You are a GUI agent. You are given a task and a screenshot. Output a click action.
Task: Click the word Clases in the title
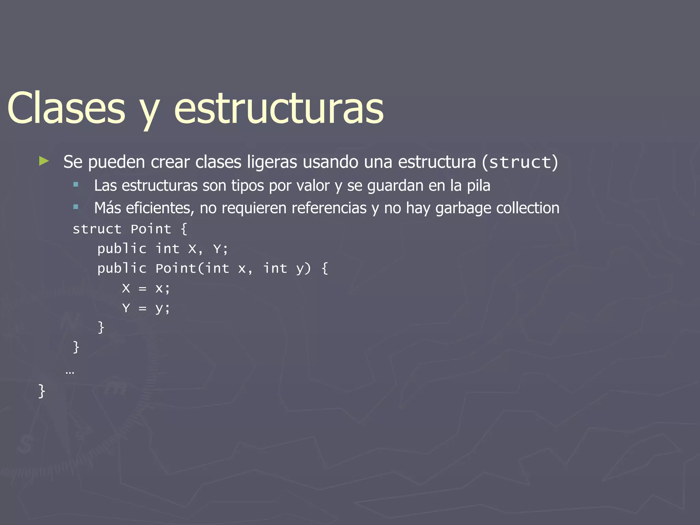click(66, 109)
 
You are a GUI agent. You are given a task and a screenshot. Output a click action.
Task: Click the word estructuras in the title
click(279, 109)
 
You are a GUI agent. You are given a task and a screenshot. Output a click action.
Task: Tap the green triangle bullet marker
click(44, 161)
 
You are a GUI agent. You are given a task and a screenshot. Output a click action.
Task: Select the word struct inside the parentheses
click(520, 162)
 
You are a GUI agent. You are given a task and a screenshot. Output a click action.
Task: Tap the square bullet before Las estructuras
click(76, 185)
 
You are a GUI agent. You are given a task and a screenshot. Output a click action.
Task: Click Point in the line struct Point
click(151, 229)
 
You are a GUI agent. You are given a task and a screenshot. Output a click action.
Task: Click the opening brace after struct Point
click(184, 229)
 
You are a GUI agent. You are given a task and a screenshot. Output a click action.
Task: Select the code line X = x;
click(146, 288)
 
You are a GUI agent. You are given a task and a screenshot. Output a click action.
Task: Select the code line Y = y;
click(146, 308)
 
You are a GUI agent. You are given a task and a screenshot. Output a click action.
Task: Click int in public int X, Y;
click(167, 249)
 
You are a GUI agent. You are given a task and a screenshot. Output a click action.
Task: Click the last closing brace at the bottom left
click(41, 391)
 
